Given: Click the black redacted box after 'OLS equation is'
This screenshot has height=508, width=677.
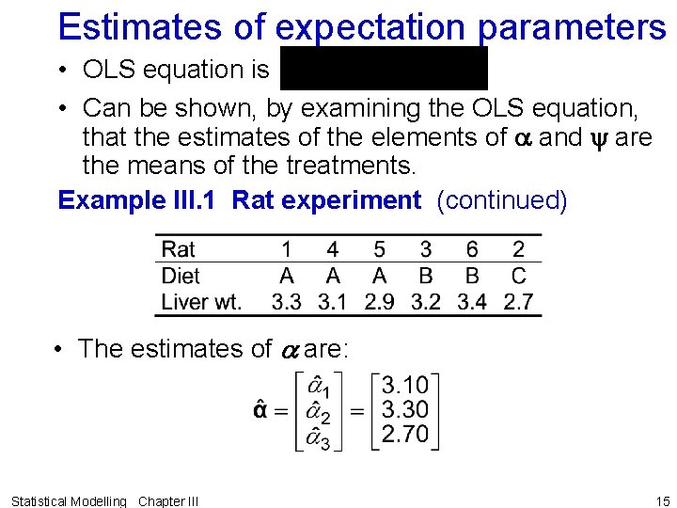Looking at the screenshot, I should (x=384, y=69).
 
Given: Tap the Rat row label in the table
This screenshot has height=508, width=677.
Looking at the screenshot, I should (x=179, y=249).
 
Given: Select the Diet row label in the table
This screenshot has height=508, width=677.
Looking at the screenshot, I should (x=181, y=276).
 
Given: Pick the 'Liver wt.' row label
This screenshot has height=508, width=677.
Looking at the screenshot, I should (x=201, y=302).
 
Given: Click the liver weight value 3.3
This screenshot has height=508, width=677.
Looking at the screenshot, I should (x=286, y=302).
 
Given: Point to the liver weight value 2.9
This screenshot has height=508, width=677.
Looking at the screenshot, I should (x=379, y=302).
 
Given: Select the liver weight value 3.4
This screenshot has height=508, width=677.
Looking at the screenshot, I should (x=472, y=302).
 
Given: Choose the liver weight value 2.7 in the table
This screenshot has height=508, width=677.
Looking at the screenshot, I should (x=518, y=302).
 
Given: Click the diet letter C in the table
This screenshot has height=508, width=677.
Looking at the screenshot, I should (x=518, y=276).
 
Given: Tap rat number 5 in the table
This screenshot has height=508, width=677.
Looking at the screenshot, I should (x=379, y=249).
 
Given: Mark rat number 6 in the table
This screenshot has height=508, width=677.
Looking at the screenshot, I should (x=472, y=249).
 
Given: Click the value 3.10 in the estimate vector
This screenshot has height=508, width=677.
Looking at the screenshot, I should (x=405, y=385).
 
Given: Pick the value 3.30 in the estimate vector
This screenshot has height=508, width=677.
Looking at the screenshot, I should (x=405, y=409).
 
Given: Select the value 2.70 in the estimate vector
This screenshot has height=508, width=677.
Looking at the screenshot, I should (x=405, y=434).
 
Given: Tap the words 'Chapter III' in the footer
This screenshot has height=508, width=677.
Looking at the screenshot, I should (x=168, y=501).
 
